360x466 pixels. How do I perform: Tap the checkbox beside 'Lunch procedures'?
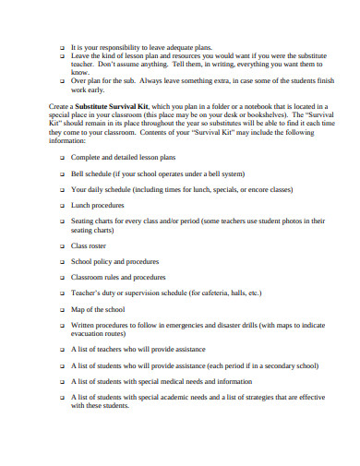(62, 207)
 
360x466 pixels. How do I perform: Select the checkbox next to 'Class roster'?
(62, 246)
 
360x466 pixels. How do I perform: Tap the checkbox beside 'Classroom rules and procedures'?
(62, 277)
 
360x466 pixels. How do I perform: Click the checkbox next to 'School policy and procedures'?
(62, 261)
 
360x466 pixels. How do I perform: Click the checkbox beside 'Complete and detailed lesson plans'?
(62, 157)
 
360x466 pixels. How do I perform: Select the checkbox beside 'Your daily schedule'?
(62, 190)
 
